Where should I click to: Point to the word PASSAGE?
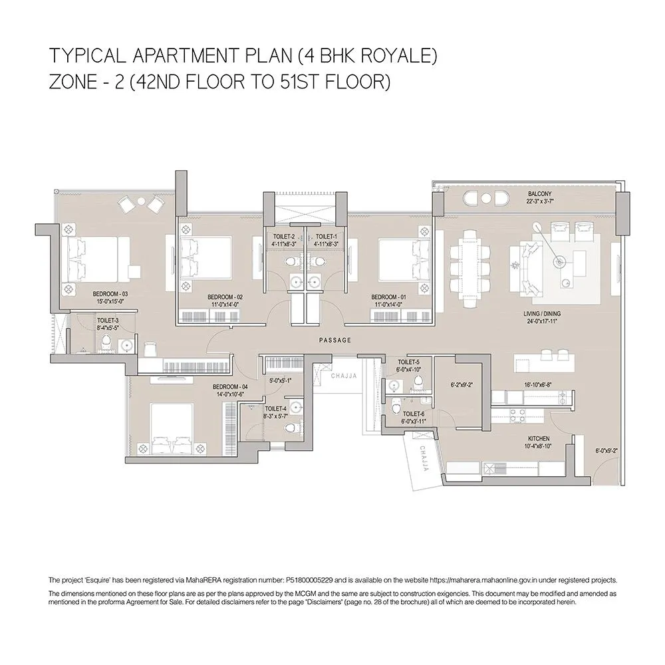(x=334, y=340)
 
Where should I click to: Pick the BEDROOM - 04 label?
(x=230, y=387)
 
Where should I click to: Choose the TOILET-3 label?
(x=108, y=320)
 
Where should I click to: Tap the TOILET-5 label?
(x=408, y=362)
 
